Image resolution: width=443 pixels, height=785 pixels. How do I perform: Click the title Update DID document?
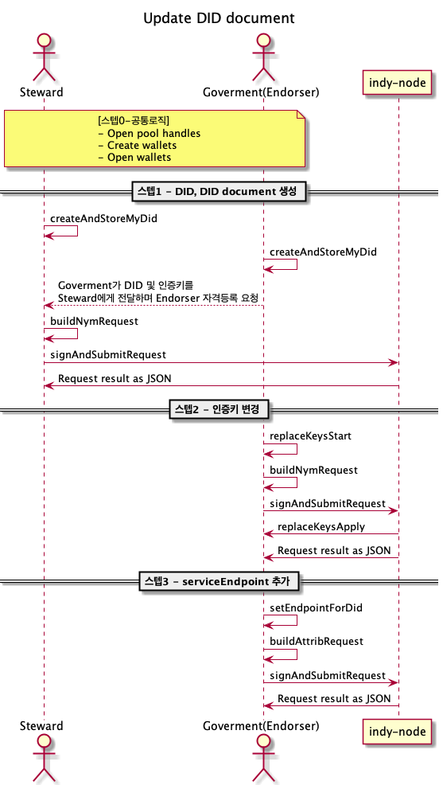coord(219,18)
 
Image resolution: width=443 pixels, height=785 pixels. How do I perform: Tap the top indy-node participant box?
coord(398,81)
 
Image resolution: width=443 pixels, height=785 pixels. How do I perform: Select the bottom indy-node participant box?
coord(398,730)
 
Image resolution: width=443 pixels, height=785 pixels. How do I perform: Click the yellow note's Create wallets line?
coord(137,146)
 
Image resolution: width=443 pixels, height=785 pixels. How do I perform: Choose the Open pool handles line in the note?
coord(149,134)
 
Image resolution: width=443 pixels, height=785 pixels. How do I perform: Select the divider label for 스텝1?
coord(220,192)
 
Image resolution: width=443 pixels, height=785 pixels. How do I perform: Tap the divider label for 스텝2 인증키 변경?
coord(220,410)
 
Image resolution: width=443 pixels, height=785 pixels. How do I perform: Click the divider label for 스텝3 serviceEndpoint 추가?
coord(220,581)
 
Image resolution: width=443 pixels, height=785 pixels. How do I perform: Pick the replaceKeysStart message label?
coord(310,436)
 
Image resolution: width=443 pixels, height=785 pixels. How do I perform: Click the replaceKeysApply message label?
coord(321,527)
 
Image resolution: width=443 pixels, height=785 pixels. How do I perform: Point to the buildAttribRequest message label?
coord(317,641)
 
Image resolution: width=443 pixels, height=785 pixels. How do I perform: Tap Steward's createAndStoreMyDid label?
coord(103,217)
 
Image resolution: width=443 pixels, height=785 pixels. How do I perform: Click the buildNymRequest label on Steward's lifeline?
coord(95,321)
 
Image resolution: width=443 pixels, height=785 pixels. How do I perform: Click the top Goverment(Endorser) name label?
coord(261,92)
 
